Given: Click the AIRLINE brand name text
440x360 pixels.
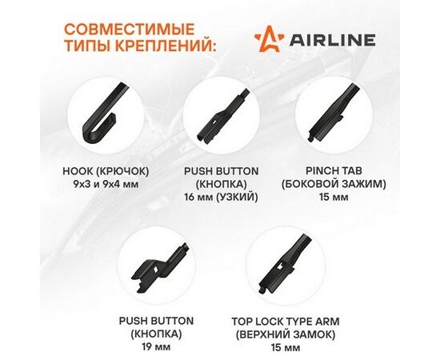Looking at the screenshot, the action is point(333,40).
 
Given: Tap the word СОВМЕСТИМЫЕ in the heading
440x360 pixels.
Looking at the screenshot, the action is point(130,29).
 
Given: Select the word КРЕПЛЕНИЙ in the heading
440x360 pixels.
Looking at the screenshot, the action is point(166,45).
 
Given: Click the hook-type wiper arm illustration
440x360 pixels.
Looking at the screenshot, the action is point(104,112).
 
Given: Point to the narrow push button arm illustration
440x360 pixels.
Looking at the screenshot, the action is point(222,117).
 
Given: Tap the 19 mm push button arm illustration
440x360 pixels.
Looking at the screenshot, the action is point(159,268).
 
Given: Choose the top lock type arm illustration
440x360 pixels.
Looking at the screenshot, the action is point(286,264).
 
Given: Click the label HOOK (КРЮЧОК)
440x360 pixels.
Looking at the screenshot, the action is point(106,171).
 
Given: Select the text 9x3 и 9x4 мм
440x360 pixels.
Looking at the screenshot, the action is point(106,184).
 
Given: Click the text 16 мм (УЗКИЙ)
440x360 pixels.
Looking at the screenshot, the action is point(221,198).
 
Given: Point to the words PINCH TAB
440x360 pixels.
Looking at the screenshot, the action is point(334,170).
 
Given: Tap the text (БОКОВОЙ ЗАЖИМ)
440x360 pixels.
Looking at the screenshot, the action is point(334,184).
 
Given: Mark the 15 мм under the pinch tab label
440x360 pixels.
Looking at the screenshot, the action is point(334,197).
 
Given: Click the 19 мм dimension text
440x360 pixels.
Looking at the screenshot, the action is point(156,347).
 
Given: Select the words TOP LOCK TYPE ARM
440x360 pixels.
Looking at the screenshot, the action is point(286,322).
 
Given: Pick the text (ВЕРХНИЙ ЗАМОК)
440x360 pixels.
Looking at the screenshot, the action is point(286,334).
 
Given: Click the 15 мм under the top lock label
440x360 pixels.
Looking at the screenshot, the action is point(286,348).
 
